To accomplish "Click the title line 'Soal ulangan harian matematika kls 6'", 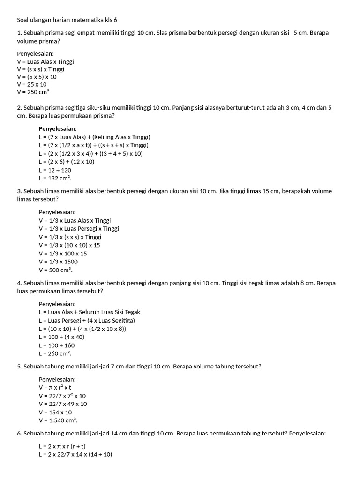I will [67, 20].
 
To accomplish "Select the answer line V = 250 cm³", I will [33, 92].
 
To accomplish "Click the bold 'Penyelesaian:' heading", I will [58, 128].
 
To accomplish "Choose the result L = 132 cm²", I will [55, 179].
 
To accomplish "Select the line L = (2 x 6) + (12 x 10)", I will [67, 162].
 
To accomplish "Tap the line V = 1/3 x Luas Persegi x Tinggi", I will [79, 229].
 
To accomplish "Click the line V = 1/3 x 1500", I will [58, 262].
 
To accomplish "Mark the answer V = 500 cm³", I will [56, 270].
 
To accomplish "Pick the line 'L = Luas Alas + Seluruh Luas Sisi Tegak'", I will [90, 312].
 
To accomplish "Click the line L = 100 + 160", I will [57, 345].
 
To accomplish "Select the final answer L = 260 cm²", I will [55, 353].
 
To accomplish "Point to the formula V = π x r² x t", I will [55, 388].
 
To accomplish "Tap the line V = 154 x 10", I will [55, 412].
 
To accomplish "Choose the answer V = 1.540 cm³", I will [58, 420].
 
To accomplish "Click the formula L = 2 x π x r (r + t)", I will [66, 446].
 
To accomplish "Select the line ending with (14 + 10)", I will [75, 454].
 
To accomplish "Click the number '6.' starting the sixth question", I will [20, 434].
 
